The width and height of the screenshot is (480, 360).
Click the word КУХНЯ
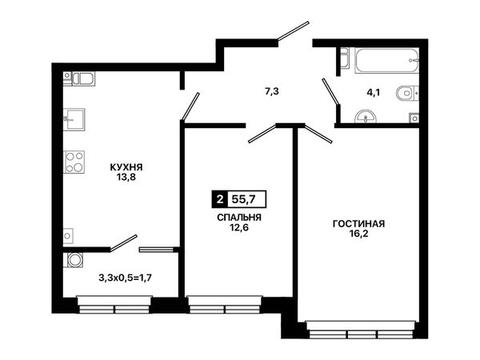(x=126, y=167)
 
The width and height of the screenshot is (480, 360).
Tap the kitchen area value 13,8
(x=126, y=178)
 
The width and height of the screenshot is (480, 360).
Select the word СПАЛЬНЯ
(x=239, y=218)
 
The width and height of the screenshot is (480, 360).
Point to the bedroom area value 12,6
(x=239, y=227)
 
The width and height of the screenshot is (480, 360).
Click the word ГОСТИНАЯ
(x=358, y=224)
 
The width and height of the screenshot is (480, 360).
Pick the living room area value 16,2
(x=358, y=234)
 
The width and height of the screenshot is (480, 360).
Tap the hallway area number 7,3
(x=271, y=91)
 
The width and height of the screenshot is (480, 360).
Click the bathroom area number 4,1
(x=373, y=92)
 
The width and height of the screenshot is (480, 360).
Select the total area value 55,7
(x=243, y=199)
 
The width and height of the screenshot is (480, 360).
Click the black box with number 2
(x=219, y=199)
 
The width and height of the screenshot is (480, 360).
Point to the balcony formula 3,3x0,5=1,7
(x=126, y=278)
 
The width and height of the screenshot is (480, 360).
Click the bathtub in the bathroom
(x=386, y=60)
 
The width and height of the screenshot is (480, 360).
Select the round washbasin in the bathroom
(x=366, y=117)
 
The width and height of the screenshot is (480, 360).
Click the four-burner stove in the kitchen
(x=74, y=162)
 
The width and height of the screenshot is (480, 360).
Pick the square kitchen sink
(x=74, y=119)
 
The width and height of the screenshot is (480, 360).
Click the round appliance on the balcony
(x=74, y=260)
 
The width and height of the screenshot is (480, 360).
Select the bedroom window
(x=225, y=305)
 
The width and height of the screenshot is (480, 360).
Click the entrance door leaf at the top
(x=293, y=30)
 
